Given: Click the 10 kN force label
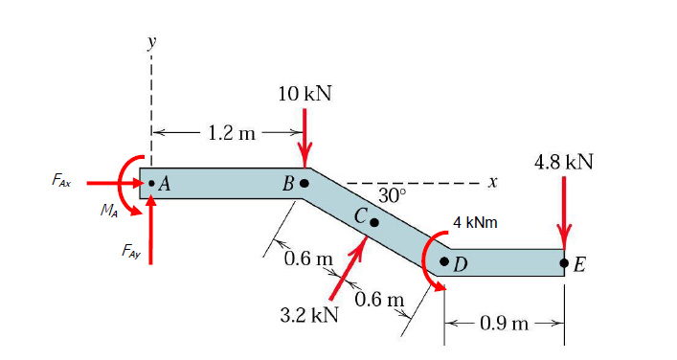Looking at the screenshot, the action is point(305,94).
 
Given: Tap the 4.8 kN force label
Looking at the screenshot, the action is point(563,163).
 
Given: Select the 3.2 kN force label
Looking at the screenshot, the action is point(309,315).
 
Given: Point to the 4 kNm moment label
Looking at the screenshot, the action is point(475,223).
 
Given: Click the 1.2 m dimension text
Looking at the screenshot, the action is point(232,133).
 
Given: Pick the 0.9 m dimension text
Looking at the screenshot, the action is point(504,323).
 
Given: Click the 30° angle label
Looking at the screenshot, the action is point(393,195).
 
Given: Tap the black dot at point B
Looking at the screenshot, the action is point(305,183).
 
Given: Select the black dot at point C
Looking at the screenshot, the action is point(374,222).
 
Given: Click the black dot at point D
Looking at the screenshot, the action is point(444,261).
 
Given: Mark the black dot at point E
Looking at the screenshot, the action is point(563,262).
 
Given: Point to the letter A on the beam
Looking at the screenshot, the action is point(164,185).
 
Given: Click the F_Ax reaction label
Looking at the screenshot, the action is point(61,180).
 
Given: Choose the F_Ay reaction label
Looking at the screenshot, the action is point(131,251).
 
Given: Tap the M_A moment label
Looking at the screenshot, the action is point(109,211).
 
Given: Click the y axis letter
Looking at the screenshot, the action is point(151,43).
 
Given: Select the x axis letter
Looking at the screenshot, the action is point(493,183).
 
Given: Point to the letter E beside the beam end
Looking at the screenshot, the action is point(580,264).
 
